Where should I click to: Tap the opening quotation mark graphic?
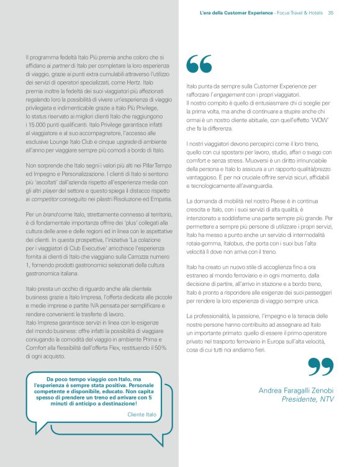[x=199, y=64]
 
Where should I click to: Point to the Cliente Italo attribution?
[x=142, y=414]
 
